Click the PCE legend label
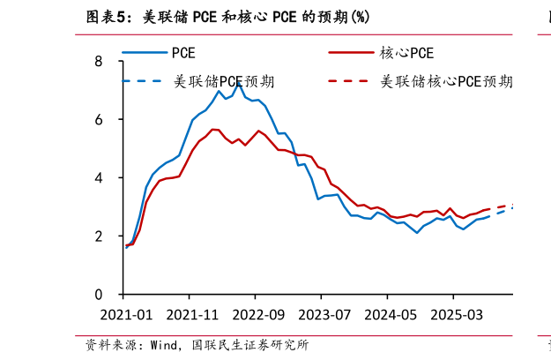click(183, 53)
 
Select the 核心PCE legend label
click(406, 53)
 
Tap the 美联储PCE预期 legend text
click(223, 81)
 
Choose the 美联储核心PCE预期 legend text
click(445, 81)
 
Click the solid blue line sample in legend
click(144, 53)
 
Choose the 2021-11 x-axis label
click(190, 315)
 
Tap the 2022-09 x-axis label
click(257, 315)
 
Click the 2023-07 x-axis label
click(323, 315)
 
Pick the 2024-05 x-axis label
click(388, 315)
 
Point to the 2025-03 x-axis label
click(454, 315)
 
